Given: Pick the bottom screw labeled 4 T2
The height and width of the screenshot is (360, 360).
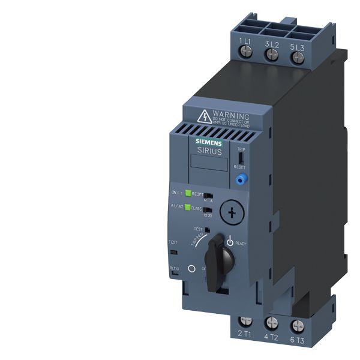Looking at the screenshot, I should click(x=271, y=325).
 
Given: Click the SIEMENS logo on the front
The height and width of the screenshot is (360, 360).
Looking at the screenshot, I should click(x=206, y=141).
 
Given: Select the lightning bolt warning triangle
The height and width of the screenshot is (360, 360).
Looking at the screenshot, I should click(x=188, y=115).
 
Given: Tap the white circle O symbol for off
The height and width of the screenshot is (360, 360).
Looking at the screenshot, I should click(x=192, y=270).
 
